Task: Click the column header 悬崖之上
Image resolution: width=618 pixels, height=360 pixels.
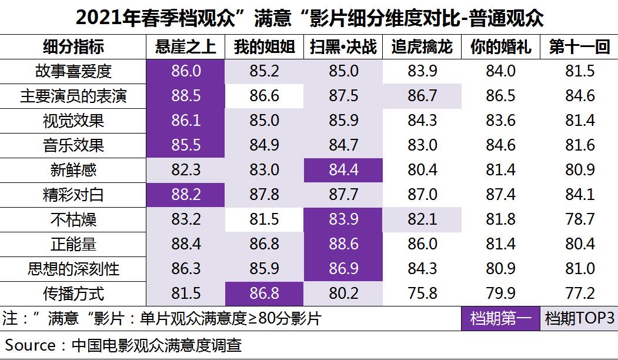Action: (x=185, y=47)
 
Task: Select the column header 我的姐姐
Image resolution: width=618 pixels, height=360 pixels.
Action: (x=264, y=47)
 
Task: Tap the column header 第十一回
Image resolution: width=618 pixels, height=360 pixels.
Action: (x=579, y=47)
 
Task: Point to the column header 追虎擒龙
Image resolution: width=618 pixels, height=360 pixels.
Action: (x=422, y=47)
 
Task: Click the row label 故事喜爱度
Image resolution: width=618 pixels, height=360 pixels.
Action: (x=73, y=72)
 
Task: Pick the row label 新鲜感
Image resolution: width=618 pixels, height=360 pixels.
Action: (x=73, y=171)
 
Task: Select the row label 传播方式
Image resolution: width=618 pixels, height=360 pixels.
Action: (x=73, y=294)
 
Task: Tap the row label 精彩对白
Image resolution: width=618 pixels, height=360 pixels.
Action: (x=73, y=195)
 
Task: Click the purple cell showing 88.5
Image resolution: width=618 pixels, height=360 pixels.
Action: (x=185, y=96)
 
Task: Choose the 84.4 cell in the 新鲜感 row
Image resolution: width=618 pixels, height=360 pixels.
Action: (x=343, y=171)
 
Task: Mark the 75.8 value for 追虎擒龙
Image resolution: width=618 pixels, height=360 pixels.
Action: (x=422, y=294)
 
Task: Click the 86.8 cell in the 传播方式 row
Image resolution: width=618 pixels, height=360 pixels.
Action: (x=264, y=294)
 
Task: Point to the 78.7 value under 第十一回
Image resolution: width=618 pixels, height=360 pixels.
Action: (x=579, y=219)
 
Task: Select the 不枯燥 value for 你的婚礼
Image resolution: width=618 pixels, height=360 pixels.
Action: (x=500, y=219)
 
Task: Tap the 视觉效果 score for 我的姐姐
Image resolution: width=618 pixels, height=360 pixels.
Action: (x=264, y=121)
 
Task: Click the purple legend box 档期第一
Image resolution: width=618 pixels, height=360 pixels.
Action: (x=500, y=318)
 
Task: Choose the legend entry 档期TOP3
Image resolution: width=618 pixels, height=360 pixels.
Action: (x=579, y=318)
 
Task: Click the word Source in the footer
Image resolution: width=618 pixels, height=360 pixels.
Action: (x=31, y=345)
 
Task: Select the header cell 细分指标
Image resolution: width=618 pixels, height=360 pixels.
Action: (x=73, y=47)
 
